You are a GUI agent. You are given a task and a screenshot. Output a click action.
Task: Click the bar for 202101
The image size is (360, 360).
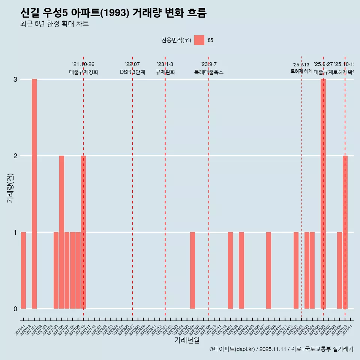point(34,194)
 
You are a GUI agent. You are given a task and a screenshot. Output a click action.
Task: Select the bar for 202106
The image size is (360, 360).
point(61,232)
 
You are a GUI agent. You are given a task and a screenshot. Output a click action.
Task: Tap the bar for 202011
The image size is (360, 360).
point(23,270)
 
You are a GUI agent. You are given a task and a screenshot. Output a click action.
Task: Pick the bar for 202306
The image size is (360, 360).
point(192,270)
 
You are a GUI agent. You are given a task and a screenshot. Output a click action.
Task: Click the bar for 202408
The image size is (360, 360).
point(268,270)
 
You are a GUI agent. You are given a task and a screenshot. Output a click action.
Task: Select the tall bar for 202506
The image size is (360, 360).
point(323,194)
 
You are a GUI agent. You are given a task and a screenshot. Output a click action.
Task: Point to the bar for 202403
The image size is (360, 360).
point(241,270)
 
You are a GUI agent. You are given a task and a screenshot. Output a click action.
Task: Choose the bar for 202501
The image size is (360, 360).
point(296,270)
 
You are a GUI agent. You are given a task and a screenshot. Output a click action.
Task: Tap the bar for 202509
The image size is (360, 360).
point(339,270)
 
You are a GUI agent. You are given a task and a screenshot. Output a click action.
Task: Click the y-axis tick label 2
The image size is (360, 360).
point(15,156)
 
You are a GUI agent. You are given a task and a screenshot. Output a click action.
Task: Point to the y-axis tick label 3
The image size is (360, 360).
point(15,79)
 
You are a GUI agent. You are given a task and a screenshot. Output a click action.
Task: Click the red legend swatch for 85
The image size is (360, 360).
point(199,40)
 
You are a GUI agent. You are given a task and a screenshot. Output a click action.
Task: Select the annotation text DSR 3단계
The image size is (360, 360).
point(132,72)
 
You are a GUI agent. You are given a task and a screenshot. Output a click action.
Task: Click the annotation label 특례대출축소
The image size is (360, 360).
point(208,72)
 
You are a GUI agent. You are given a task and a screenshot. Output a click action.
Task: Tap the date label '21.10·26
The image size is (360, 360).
point(83,64)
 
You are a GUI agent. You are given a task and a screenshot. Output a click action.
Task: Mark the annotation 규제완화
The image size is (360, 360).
point(165,72)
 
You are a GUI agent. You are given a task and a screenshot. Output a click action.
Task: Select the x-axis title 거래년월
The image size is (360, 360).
point(187,340)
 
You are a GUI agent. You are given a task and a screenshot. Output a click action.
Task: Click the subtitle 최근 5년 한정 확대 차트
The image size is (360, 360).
point(54,24)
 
